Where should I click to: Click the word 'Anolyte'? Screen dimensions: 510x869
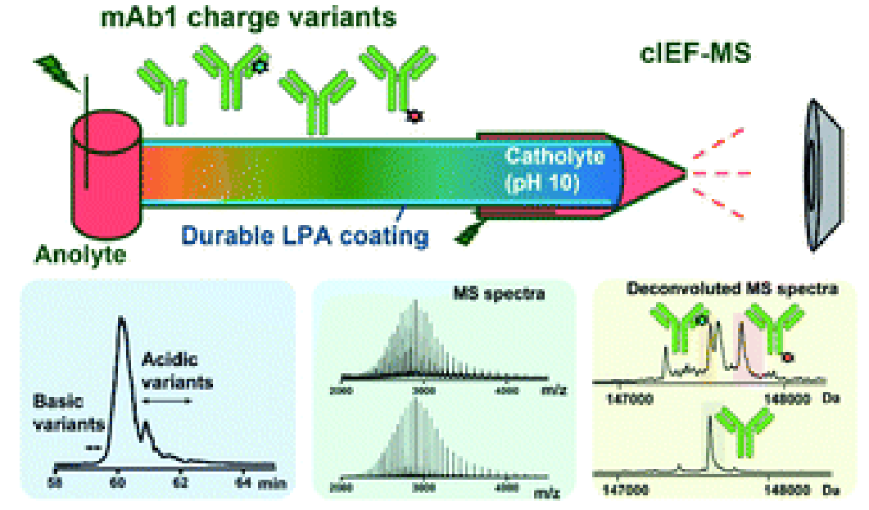[x=81, y=255]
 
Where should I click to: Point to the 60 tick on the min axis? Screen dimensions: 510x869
[x=119, y=482]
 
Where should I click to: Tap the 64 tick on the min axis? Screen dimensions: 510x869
[x=245, y=482]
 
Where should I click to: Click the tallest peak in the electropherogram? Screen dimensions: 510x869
[x=123, y=323]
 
